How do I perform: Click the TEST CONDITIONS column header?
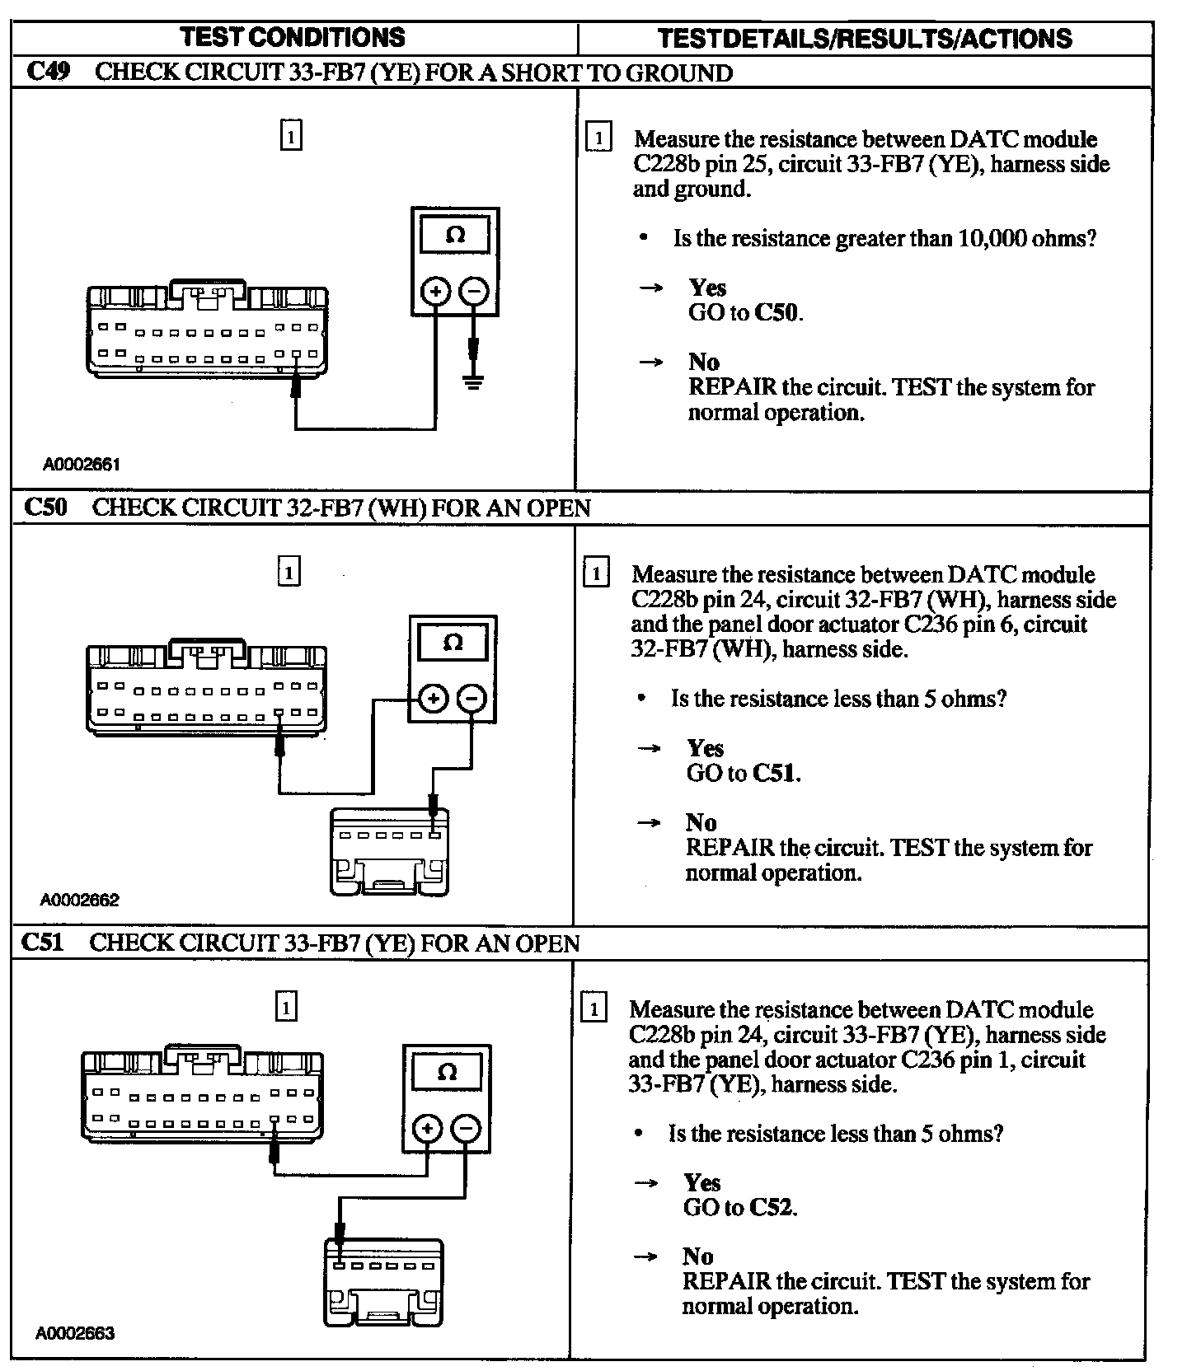click(x=293, y=37)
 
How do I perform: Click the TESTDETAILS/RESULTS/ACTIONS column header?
click(x=865, y=38)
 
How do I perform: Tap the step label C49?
click(x=48, y=72)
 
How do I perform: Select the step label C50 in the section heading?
click(x=45, y=507)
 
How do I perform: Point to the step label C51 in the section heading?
click(x=42, y=942)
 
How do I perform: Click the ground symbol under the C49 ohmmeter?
click(x=472, y=381)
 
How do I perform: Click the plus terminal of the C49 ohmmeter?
click(x=435, y=291)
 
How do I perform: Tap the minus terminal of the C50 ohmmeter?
click(x=471, y=699)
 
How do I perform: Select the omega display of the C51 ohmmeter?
click(x=447, y=1072)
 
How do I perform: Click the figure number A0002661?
click(x=82, y=465)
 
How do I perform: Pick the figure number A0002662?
click(x=80, y=900)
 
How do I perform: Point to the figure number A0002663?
click(x=75, y=1333)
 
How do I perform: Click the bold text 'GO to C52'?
click(x=740, y=1208)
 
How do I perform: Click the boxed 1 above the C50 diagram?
click(x=289, y=572)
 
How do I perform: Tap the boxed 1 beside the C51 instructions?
click(x=593, y=1008)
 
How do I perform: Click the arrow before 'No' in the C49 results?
click(x=651, y=362)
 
